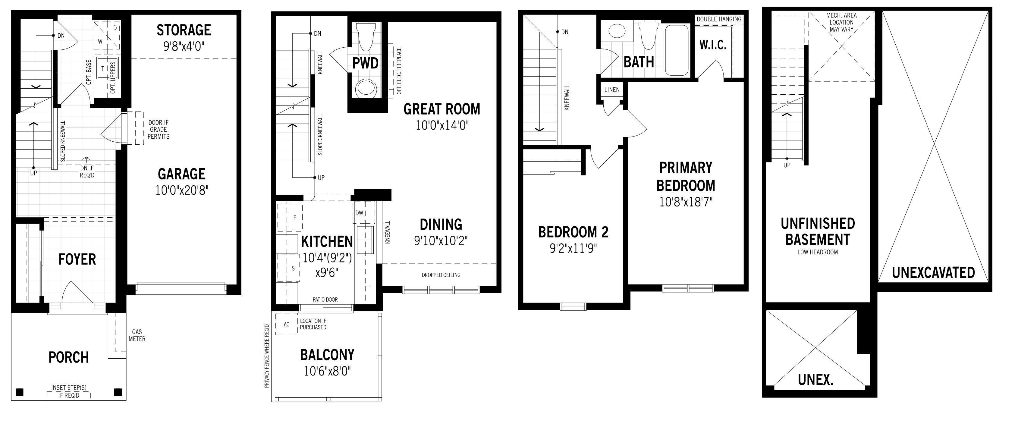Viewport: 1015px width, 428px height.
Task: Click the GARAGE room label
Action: [182, 174]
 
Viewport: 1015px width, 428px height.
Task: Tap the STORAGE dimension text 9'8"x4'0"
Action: [184, 47]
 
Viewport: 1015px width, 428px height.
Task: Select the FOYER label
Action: [77, 259]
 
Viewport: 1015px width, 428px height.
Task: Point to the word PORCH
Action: [68, 357]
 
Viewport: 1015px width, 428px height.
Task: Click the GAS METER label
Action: [137, 335]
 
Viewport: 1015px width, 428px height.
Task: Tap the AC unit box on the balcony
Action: [287, 324]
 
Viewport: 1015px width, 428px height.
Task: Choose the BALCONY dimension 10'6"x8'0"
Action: [327, 371]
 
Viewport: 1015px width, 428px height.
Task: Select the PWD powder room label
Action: [365, 63]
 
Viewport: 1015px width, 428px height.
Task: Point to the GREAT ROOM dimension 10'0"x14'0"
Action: [442, 126]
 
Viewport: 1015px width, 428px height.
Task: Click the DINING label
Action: [441, 224]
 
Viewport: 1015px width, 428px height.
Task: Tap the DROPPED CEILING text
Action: [441, 275]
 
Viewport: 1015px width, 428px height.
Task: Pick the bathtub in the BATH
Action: [677, 50]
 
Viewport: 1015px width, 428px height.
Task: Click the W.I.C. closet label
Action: [713, 45]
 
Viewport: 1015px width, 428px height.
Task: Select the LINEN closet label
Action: [612, 90]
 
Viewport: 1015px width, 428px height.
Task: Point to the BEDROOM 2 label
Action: [573, 232]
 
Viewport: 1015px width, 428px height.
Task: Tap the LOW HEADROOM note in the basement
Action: [818, 252]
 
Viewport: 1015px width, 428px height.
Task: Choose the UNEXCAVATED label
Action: [933, 273]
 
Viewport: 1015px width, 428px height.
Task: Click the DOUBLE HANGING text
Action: [719, 19]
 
